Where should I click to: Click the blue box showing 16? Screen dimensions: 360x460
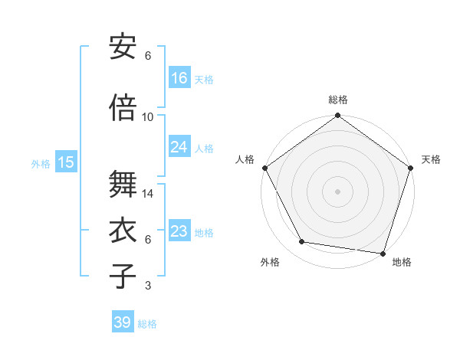click(179, 78)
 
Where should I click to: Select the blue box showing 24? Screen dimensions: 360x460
click(179, 147)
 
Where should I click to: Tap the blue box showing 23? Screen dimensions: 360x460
click(179, 231)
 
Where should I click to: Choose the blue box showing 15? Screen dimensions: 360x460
click(66, 162)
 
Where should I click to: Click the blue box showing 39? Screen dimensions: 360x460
click(123, 322)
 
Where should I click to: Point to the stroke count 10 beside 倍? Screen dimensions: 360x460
click(148, 117)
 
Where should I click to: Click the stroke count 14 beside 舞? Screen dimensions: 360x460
click(148, 194)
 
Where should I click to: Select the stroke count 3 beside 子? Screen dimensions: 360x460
click(148, 286)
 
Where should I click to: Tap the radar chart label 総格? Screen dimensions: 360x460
click(337, 100)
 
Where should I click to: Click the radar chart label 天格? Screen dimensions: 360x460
click(431, 159)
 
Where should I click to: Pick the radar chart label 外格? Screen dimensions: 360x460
click(270, 263)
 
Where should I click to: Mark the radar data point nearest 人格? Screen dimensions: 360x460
click(265, 168)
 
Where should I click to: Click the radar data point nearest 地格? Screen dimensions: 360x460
click(383, 253)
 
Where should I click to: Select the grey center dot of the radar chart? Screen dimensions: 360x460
click(337, 191)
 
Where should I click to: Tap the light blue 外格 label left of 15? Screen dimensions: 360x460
click(41, 163)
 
